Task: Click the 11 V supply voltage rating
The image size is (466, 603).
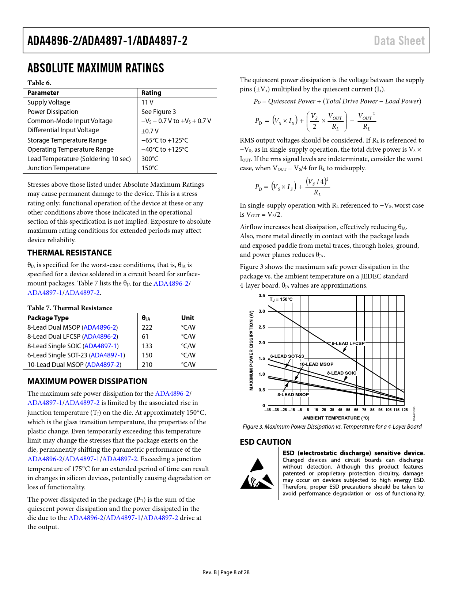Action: (147, 102)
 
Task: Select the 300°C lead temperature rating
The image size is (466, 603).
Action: (150, 159)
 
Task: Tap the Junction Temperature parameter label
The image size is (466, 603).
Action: (58, 168)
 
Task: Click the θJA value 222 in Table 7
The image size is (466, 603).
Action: (147, 327)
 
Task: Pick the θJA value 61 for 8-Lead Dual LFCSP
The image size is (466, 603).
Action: (145, 337)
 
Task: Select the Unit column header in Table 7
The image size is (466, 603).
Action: (187, 318)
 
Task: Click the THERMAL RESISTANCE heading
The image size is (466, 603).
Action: (69, 253)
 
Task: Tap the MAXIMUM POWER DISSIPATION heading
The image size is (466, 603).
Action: (87, 382)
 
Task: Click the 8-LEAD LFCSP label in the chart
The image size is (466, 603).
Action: (348, 344)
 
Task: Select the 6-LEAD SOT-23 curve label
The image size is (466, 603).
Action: (287, 356)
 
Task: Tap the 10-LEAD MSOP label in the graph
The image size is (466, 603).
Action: (316, 364)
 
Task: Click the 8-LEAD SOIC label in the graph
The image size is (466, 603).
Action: (341, 373)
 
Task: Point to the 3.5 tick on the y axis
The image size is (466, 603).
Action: (262, 296)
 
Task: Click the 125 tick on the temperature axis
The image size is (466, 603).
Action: (405, 410)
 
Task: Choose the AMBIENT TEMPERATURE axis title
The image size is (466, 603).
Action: (336, 418)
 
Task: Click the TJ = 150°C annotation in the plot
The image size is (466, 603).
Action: (281, 300)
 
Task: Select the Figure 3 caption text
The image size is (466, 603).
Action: (332, 427)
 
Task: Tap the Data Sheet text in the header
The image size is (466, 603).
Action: (399, 41)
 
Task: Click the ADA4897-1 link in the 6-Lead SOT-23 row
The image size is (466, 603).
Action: (107, 355)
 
